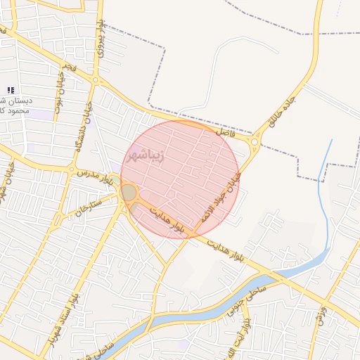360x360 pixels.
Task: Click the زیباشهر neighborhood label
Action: (147, 154)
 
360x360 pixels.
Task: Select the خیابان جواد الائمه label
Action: (221, 198)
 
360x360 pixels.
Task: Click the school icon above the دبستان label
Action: (10, 90)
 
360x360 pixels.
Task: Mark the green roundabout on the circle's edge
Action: (129, 193)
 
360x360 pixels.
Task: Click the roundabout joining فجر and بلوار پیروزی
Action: (95, 80)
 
